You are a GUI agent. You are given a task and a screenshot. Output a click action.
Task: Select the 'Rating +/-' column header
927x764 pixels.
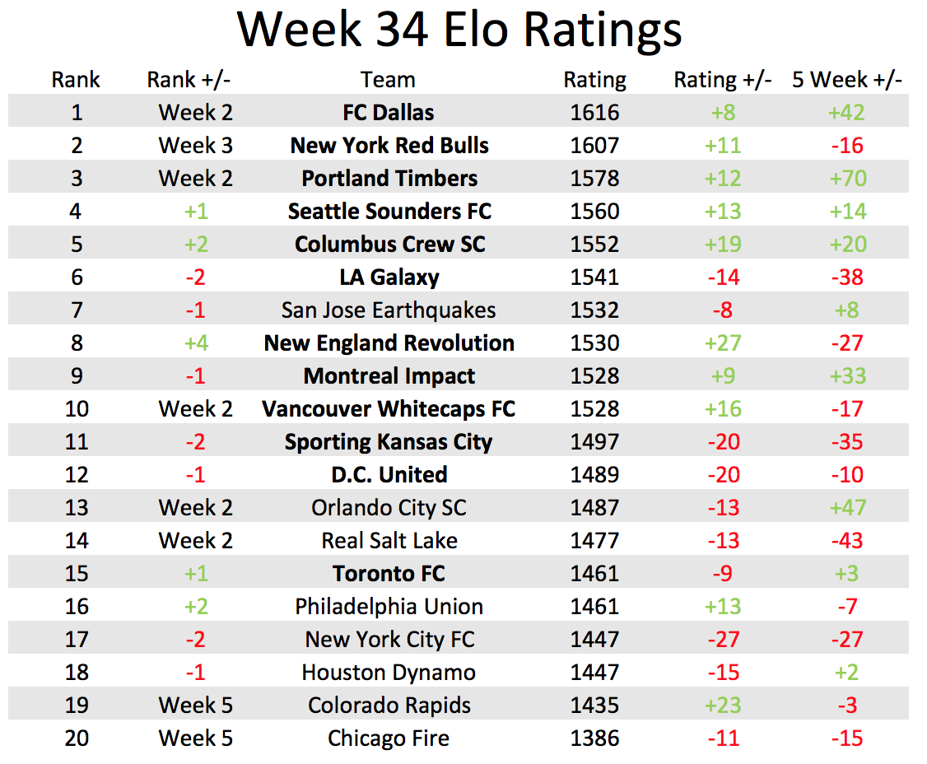(x=722, y=80)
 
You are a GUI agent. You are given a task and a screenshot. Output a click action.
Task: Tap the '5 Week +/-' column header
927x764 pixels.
(x=846, y=80)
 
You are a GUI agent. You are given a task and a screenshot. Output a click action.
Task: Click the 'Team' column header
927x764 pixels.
(x=387, y=80)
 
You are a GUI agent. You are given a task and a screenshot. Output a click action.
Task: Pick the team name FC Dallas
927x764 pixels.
(x=389, y=113)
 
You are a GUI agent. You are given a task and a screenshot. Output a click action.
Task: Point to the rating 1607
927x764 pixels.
(x=594, y=146)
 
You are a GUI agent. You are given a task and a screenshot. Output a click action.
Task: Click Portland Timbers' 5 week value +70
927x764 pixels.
(x=847, y=179)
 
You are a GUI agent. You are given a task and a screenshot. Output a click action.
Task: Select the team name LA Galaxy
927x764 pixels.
(x=389, y=277)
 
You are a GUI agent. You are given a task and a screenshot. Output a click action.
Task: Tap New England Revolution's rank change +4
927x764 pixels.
(x=195, y=343)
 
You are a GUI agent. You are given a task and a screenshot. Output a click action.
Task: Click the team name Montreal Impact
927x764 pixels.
(x=389, y=376)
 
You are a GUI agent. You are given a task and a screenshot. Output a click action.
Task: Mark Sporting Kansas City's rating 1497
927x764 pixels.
(x=594, y=442)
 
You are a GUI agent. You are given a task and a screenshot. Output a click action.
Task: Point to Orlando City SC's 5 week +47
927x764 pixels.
(x=847, y=508)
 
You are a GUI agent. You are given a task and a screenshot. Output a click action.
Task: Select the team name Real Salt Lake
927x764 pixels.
(x=389, y=541)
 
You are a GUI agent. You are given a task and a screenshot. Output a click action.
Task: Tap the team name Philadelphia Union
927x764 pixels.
(x=389, y=607)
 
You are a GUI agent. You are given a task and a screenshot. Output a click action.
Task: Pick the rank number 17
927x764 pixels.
(x=76, y=640)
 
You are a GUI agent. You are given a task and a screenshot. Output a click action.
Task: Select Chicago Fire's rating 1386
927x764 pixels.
(x=594, y=738)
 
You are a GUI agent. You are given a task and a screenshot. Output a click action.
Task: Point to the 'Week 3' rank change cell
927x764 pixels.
(x=195, y=146)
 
